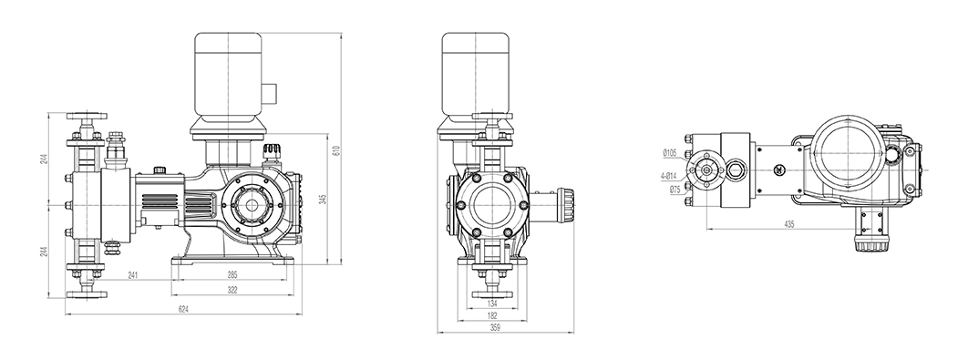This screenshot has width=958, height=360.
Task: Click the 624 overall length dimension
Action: click(x=182, y=309)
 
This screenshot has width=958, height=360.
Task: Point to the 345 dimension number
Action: click(x=324, y=200)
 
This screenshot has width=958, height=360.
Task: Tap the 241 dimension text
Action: click(x=132, y=275)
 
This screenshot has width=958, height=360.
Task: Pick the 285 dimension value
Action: click(x=232, y=275)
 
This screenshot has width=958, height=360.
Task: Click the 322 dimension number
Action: click(x=232, y=291)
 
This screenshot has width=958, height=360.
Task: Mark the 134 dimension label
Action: click(x=493, y=303)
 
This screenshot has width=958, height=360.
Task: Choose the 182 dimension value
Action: click(x=493, y=315)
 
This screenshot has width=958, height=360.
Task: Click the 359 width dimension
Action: click(x=496, y=327)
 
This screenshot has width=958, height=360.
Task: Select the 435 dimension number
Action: click(x=788, y=225)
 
